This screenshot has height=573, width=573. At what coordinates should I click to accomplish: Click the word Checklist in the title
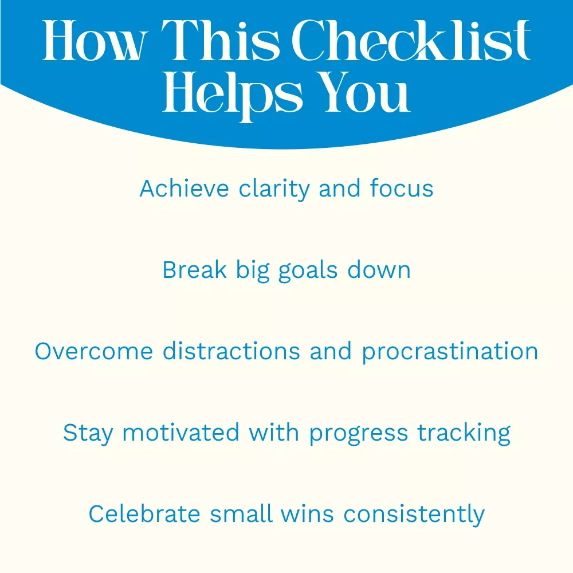411,40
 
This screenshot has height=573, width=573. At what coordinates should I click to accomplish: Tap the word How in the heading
95,41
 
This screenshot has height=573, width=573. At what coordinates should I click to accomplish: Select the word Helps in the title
233,95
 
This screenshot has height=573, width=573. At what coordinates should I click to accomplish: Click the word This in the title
221,40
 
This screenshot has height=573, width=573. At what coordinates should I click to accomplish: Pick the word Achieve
184,189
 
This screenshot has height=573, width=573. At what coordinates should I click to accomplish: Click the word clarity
274,190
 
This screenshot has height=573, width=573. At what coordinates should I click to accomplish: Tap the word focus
401,189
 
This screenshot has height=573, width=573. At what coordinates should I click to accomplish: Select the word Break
194,270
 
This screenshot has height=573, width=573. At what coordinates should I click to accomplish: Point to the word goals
308,272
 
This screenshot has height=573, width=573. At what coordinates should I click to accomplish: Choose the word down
379,270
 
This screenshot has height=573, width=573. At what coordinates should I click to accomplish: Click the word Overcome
94,352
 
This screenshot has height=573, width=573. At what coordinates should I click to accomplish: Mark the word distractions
231,351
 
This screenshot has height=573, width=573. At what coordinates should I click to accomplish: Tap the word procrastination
450,352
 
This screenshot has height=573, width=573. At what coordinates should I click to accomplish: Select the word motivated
181,433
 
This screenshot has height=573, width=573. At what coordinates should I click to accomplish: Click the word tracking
464,434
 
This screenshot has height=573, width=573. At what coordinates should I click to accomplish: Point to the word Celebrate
144,514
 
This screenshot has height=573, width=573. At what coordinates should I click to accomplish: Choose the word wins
307,514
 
